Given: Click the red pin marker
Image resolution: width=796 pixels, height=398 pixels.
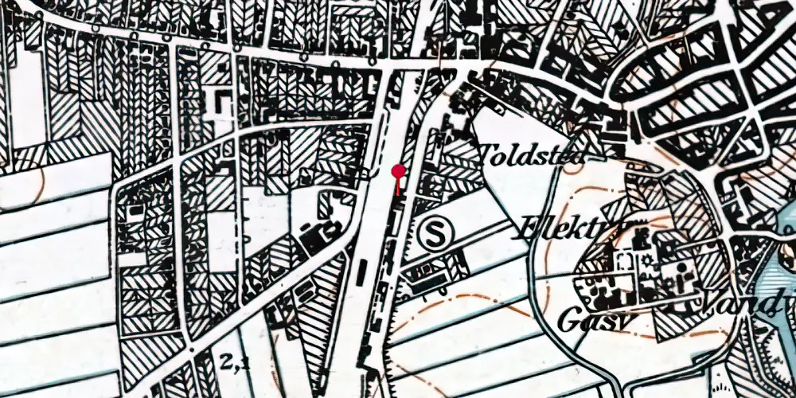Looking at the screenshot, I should (397, 170).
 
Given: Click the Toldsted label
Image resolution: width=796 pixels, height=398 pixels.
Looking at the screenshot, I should (532, 154).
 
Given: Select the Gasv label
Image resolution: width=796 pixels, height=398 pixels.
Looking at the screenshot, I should (587, 319).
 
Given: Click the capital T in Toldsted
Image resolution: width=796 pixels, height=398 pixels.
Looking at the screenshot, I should (487, 152).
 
